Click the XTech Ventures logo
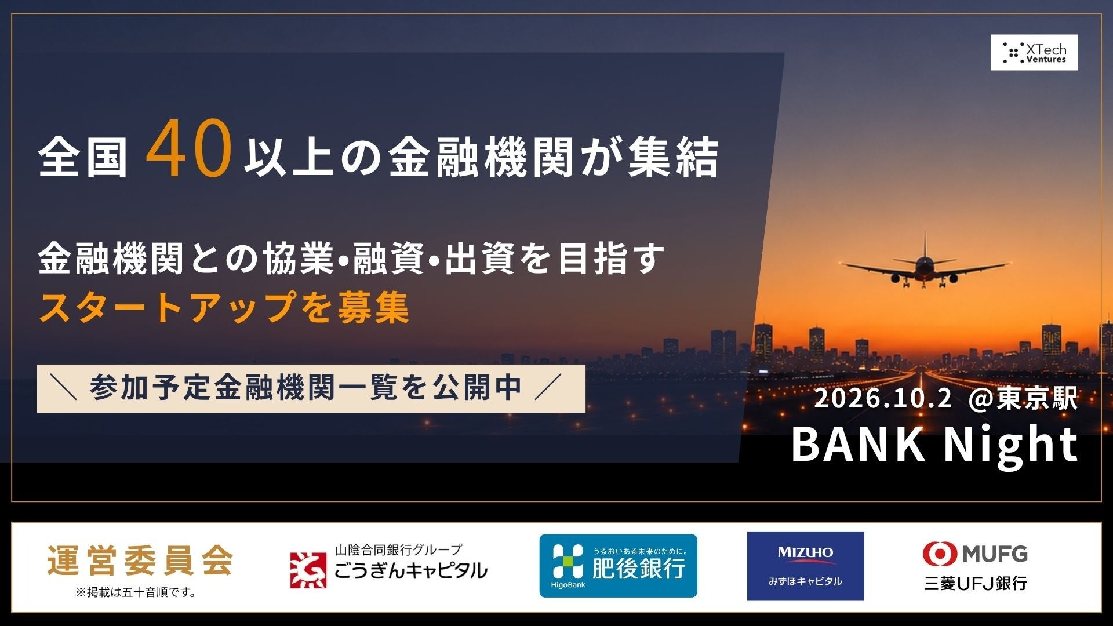[1034, 53]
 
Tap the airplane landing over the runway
[925, 265]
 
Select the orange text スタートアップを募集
[224, 307]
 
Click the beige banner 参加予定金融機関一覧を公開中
[311, 388]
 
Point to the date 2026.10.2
[883, 399]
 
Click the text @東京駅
[1023, 399]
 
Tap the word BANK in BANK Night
[858, 444]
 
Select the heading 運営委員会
[140, 561]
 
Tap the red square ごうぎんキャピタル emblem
[308, 570]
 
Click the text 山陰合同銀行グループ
[399, 549]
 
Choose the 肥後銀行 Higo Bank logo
[618, 566]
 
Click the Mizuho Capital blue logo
[805, 566]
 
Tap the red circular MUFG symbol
[940, 554]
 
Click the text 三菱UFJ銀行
[976, 583]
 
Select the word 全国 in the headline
[83, 157]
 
